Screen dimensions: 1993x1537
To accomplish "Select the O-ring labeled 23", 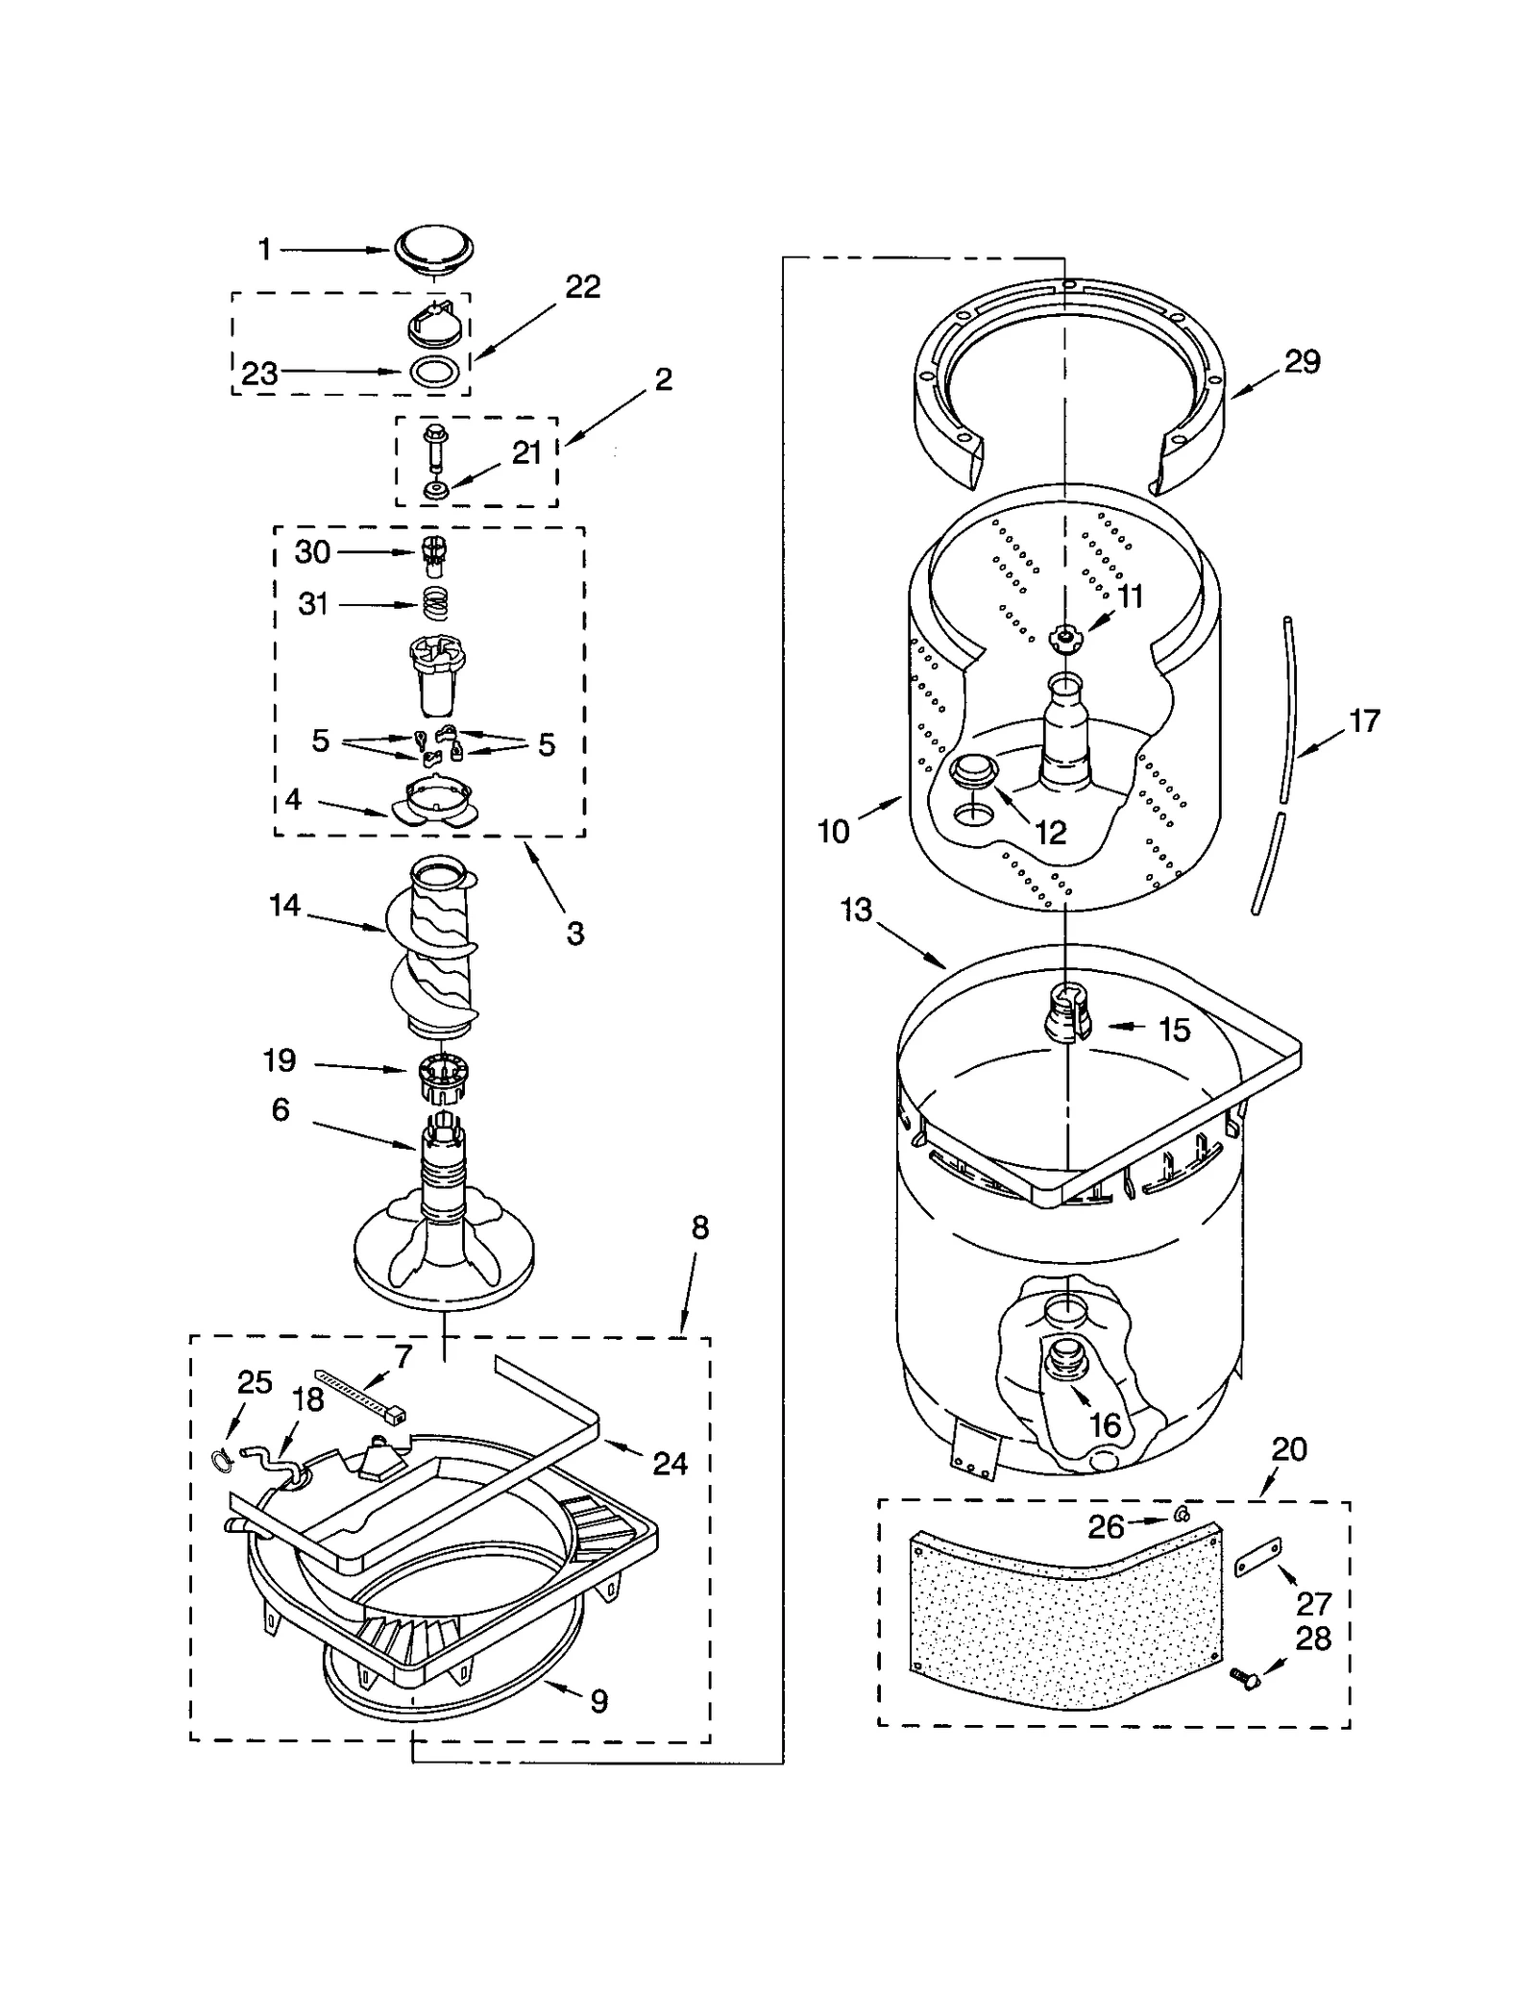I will point(434,371).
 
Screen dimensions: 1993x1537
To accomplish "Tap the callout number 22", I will point(582,287).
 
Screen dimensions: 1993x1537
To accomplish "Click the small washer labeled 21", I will point(436,491).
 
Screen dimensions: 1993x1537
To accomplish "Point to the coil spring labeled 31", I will point(436,604).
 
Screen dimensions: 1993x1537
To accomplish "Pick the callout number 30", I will point(312,552).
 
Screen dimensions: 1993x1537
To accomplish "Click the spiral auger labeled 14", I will point(433,951).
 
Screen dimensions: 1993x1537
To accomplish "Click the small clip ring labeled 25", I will point(221,1461).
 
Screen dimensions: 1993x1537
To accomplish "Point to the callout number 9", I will point(598,1702).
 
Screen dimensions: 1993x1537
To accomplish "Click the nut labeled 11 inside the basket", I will point(1063,635).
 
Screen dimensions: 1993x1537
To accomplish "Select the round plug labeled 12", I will point(972,770).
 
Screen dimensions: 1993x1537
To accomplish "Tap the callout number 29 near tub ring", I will point(1302,362).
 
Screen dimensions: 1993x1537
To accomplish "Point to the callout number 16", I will point(1105,1425).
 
